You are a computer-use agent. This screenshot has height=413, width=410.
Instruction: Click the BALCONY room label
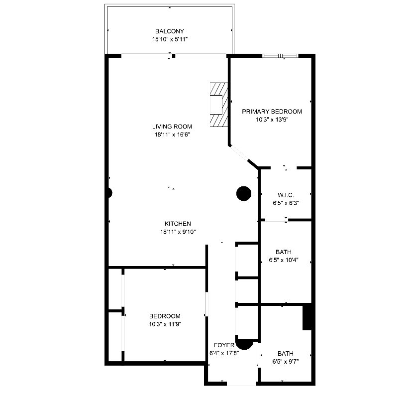170,31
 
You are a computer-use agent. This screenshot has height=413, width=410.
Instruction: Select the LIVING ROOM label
172,127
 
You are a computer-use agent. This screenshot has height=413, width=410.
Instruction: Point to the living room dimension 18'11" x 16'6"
172,135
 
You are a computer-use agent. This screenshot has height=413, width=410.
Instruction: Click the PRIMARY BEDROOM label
272,112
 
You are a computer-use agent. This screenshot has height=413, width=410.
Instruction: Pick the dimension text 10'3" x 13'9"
272,120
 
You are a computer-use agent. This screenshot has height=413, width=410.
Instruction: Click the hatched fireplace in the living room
218,106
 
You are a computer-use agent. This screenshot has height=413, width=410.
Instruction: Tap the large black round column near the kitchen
243,193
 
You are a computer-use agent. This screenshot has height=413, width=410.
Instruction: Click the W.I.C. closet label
286,195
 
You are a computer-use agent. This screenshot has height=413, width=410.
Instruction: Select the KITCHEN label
178,224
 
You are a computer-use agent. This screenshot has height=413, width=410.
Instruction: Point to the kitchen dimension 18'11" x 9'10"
178,232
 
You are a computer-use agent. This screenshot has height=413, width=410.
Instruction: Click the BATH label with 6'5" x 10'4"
283,252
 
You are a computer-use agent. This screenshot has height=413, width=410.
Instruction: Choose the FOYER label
224,345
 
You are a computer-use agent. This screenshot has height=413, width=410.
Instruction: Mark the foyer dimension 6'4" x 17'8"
224,354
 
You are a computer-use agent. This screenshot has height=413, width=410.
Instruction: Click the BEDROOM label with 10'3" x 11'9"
165,316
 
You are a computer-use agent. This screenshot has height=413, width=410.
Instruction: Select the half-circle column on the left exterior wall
109,193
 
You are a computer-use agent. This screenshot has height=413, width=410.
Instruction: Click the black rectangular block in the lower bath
307,317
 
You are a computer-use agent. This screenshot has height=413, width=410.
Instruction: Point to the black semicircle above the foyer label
244,343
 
